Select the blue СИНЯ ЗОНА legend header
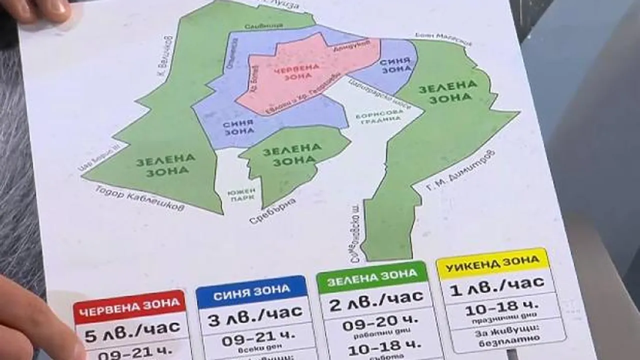251,290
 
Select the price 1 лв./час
497,283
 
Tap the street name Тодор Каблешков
139,198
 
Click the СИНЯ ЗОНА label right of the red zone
396,65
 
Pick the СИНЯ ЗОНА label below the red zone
238,127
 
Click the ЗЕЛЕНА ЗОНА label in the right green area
447,91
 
